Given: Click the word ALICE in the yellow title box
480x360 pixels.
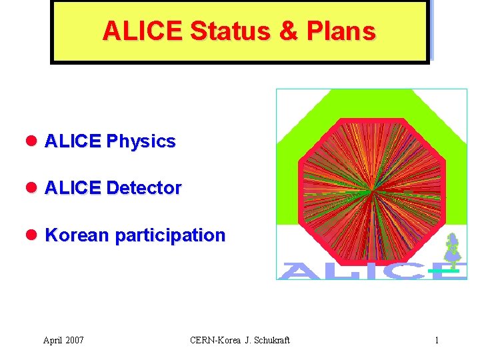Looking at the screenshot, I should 143,31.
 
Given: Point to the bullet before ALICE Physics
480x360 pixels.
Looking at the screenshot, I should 32,141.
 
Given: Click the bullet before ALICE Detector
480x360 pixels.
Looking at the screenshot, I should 32,188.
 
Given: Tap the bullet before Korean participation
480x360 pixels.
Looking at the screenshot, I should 32,235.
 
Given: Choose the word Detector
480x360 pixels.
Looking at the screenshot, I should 143,188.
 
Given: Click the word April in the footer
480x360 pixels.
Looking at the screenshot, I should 54,341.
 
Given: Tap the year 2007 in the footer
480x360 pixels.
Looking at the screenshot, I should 75,341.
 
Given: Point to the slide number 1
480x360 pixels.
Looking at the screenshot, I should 437,341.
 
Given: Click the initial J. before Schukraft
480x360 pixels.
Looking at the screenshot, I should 247,341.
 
